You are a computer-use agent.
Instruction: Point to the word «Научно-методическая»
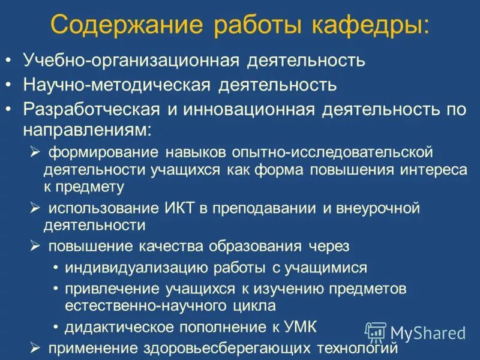(x=116, y=85)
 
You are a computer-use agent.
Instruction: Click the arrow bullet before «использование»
(x=35, y=208)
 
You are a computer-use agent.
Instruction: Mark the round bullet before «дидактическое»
(x=56, y=327)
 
